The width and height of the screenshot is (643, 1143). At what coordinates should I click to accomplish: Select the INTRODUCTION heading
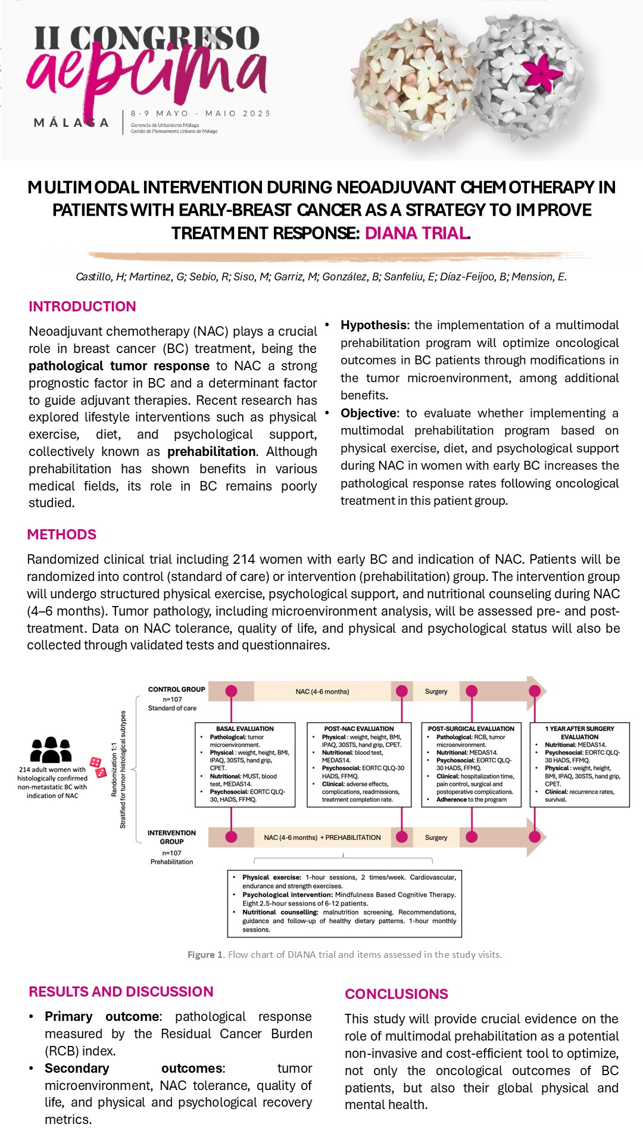[82, 307]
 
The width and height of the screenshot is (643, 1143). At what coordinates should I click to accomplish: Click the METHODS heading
[61, 534]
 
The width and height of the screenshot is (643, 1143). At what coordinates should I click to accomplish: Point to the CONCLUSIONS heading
[397, 994]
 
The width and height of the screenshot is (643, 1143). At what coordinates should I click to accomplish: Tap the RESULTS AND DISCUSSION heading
[121, 991]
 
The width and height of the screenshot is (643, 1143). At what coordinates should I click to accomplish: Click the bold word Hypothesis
[373, 325]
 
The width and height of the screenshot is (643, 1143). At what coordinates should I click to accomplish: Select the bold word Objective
[368, 413]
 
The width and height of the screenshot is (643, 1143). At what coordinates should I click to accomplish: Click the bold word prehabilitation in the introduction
[211, 451]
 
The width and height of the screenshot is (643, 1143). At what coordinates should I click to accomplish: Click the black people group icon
[51, 749]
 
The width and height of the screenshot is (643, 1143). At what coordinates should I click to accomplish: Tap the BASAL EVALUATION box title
[245, 729]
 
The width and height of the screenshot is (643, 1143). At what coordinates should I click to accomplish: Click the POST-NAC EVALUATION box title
[359, 729]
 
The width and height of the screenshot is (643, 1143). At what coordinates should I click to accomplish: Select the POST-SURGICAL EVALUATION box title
[471, 729]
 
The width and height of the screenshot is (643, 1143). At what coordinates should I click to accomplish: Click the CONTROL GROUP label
[176, 689]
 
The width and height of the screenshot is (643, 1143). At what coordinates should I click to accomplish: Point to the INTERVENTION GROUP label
[171, 837]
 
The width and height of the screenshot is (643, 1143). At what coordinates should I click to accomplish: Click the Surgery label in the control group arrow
[436, 692]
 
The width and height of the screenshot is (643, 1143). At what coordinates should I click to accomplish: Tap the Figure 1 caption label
[205, 954]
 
